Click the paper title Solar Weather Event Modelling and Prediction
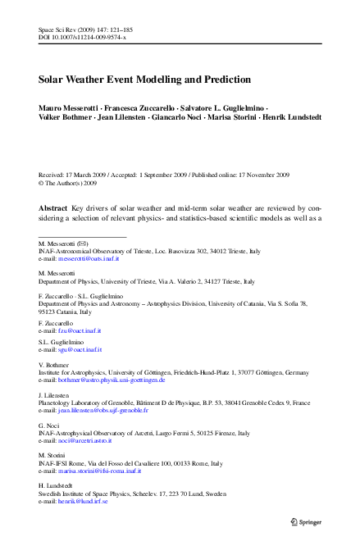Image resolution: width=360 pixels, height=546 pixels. click(144, 80)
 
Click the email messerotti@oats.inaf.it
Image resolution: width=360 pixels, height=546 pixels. click(89, 258)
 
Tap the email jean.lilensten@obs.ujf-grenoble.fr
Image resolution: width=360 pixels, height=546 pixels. click(103, 410)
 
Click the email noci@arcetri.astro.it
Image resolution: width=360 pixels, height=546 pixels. click(85, 440)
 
